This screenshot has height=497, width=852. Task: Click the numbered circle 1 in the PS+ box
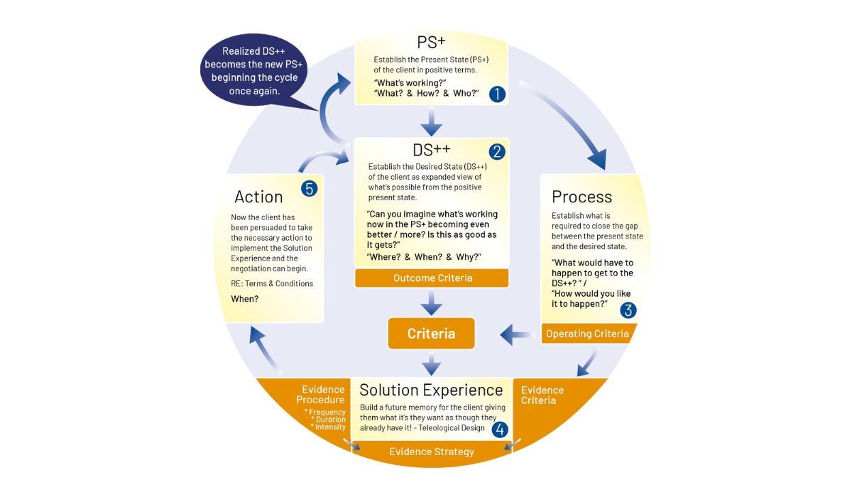coord(497,94)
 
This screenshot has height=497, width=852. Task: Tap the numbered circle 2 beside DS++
coord(496,151)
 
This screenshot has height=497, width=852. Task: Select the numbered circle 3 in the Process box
coord(628,310)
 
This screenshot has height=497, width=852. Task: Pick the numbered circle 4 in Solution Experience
coord(500,429)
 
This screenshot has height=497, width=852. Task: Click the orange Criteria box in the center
coord(431,334)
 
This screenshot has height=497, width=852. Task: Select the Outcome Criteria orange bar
coord(431,278)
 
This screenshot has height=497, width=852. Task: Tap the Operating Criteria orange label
coord(587,334)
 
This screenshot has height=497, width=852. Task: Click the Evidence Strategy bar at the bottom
coord(431,452)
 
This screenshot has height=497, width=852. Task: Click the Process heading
coord(581,197)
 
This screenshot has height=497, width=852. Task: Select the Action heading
coord(258,197)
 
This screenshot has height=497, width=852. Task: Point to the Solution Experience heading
coord(431,390)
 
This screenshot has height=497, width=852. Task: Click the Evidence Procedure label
coord(323,395)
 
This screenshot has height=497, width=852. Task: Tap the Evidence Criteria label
coord(542,395)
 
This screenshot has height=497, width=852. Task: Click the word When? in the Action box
coord(245,299)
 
